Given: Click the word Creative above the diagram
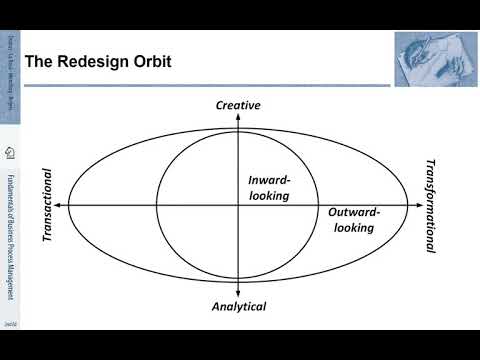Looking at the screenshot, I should click(238, 105).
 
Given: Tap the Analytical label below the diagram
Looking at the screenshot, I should click(239, 307).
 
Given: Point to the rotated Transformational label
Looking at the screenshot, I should click(431, 205).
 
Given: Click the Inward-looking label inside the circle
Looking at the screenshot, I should click(269, 188).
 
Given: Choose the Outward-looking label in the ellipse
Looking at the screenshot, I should click(352, 219).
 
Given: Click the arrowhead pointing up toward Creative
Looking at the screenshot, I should click(238, 117).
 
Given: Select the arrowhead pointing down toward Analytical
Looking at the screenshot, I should click(238, 294).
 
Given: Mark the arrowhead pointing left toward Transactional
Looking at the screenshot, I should click(62, 205).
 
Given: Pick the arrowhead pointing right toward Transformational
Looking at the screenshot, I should click(415, 205).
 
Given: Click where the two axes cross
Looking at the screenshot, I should click(238, 205).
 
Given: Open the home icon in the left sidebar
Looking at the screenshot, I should click(9, 152).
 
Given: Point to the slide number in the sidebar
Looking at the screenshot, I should click(9, 325).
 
